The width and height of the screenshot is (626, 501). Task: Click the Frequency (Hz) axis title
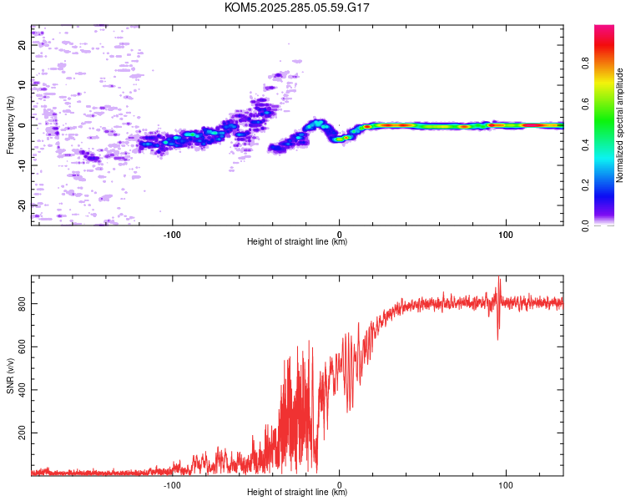(x=10, y=124)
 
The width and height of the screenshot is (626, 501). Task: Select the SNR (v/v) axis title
(x=10, y=375)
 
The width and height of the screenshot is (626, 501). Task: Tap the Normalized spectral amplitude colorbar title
(x=620, y=124)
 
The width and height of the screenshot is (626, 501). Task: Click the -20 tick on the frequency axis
(x=23, y=205)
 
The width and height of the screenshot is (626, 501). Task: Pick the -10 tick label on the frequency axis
(x=23, y=165)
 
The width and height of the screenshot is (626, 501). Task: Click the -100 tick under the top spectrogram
(x=173, y=234)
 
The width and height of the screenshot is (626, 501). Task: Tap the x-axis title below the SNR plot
(x=297, y=493)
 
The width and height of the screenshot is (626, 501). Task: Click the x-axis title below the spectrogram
(x=297, y=242)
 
